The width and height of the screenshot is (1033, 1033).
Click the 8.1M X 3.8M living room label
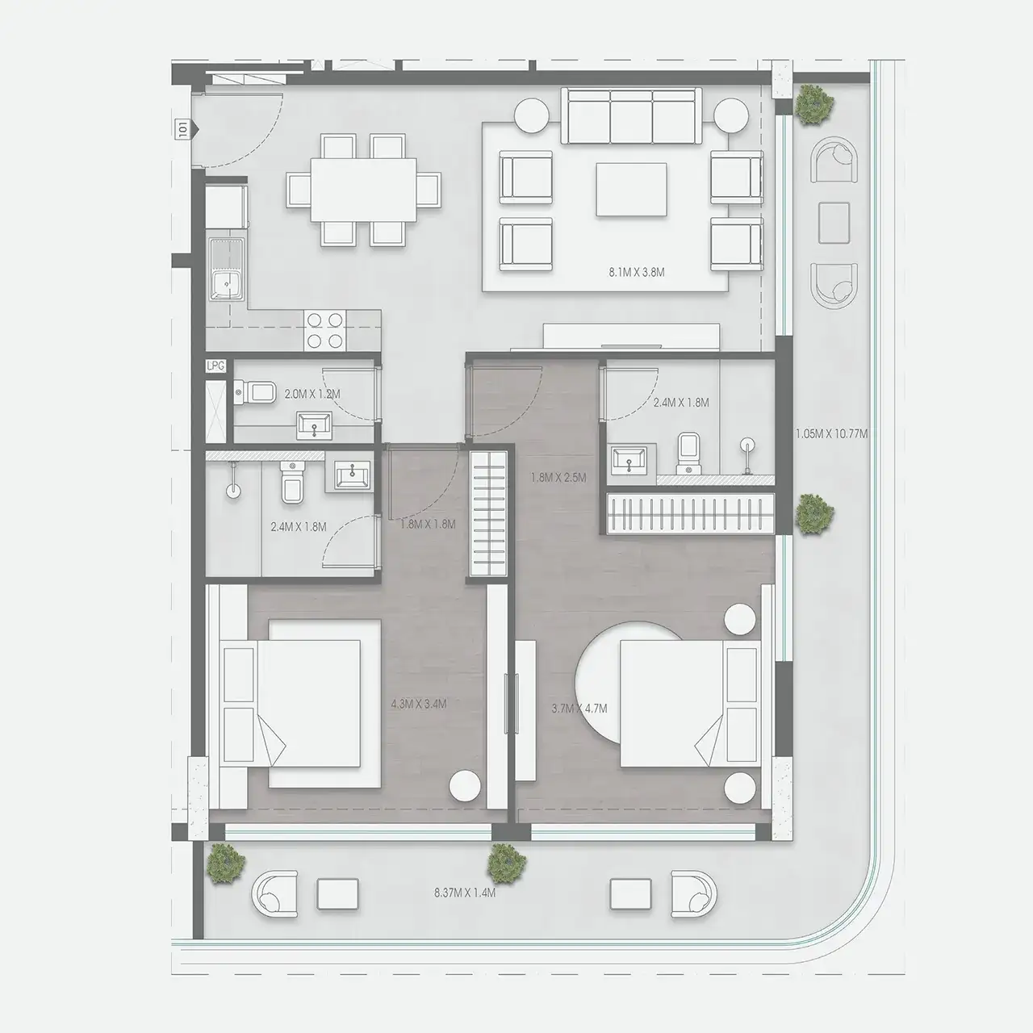pos(637,273)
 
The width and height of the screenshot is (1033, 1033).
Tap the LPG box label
pos(215,366)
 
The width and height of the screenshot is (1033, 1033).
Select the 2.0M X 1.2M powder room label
pos(312,395)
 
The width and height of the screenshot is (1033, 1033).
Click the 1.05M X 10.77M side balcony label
pos(831,433)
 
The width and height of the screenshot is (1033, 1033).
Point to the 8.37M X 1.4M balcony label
pos(464,893)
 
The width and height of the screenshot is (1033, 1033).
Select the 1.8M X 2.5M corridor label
pos(558,477)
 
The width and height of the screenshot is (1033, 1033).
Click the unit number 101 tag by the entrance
pos(184,128)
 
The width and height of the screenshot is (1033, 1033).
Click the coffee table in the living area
pos(632,189)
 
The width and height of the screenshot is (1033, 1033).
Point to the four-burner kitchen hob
pos(325,330)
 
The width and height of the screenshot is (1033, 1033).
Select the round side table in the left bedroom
pos(466,785)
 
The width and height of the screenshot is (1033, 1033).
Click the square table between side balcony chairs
pos(834,222)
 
